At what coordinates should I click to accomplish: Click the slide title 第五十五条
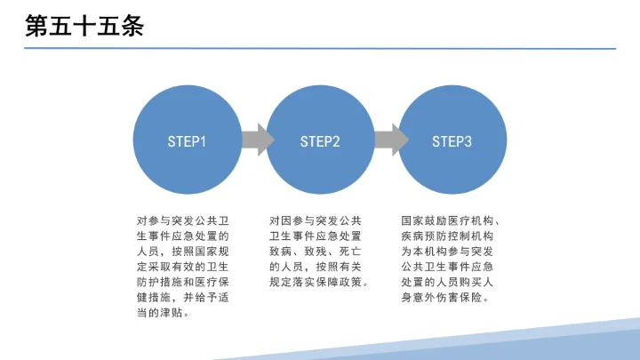coord(85,27)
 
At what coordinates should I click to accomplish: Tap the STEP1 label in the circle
coord(187,141)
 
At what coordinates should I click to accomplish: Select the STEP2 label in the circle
coord(320,141)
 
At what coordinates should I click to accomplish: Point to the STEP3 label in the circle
coord(452,141)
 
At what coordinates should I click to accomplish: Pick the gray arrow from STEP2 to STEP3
coord(389,140)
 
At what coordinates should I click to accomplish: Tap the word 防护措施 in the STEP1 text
coord(159,283)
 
